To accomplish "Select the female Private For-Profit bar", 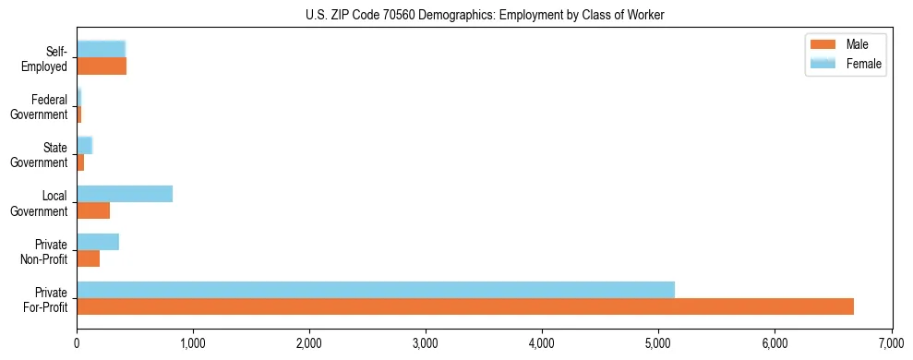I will [x=376, y=289].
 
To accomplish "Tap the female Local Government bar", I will [x=125, y=193].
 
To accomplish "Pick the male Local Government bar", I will [x=93, y=210].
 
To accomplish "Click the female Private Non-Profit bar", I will [x=98, y=242].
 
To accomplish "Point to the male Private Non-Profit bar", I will [x=88, y=258].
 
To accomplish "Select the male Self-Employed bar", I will [x=102, y=66].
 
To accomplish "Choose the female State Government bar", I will [x=85, y=145].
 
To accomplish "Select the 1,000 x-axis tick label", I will [x=193, y=345].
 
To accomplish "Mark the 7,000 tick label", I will [x=891, y=345].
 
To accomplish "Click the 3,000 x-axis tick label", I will [x=426, y=345].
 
